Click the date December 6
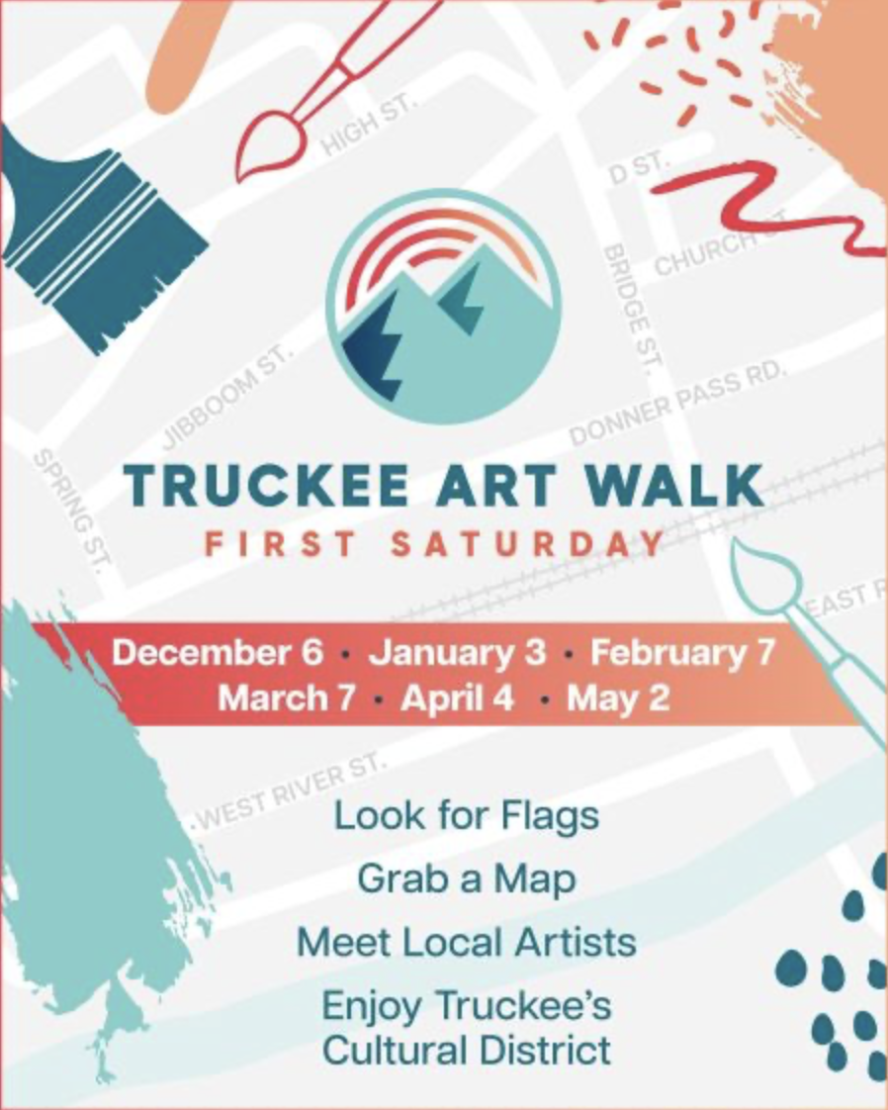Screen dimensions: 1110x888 (x=218, y=653)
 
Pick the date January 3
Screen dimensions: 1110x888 (x=457, y=653)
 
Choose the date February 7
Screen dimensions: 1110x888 (x=682, y=653)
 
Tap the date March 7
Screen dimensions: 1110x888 (x=286, y=698)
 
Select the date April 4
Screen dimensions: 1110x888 (x=458, y=698)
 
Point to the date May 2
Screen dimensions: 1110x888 (x=618, y=698)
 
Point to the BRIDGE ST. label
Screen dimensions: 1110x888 (x=629, y=308)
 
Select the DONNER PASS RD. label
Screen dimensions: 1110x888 (x=678, y=405)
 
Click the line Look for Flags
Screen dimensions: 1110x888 (x=467, y=817)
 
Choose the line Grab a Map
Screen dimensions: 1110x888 (x=467, y=879)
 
